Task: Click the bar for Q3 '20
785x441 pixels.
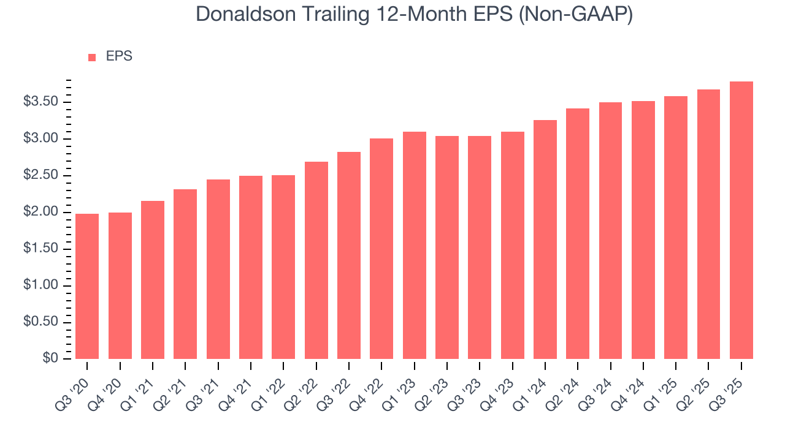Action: [x=87, y=286]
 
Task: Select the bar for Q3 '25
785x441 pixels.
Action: [x=741, y=220]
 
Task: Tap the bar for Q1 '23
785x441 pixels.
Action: [x=415, y=245]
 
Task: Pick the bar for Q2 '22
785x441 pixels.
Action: [x=316, y=260]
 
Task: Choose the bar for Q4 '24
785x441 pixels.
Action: [x=643, y=230]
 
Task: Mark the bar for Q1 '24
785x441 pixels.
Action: [x=545, y=239]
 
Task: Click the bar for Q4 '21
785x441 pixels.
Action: [x=251, y=267]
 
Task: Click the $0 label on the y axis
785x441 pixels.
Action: [x=50, y=359]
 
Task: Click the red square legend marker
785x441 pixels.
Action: [x=92, y=57]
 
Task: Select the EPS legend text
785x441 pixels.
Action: [x=119, y=56]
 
